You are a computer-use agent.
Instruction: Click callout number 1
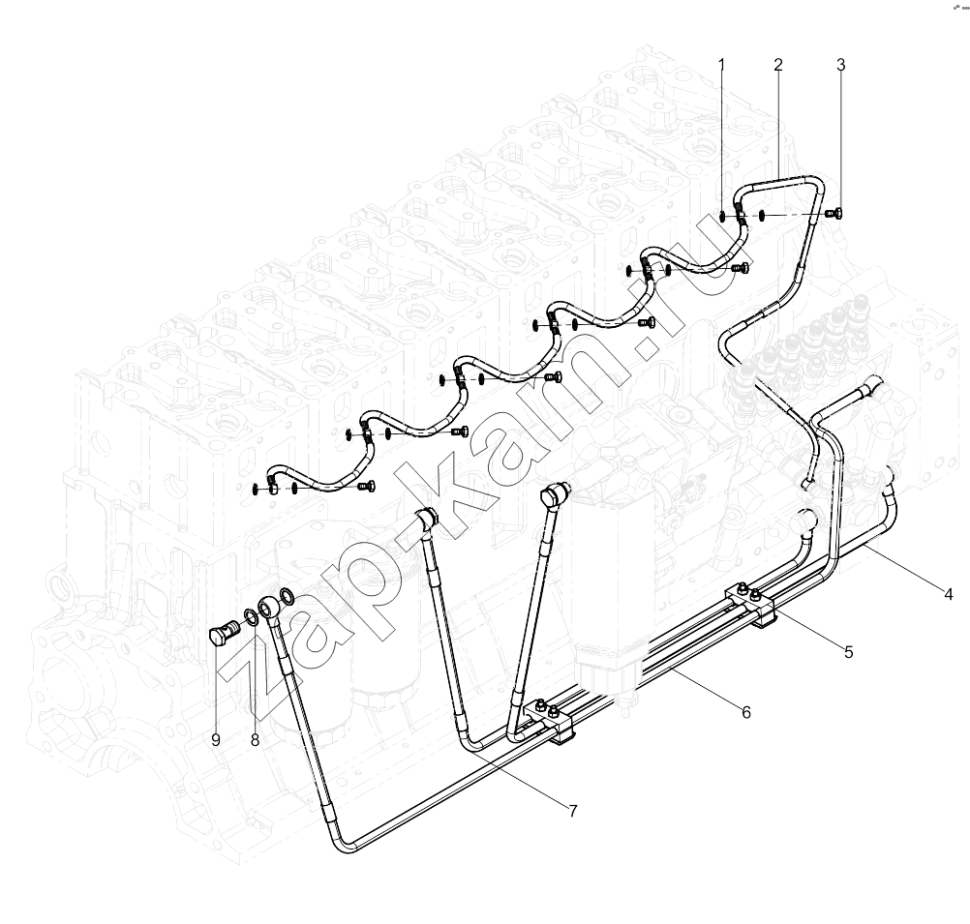point(721,64)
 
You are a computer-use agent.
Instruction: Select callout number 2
point(777,64)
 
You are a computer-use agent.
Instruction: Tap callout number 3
point(840,64)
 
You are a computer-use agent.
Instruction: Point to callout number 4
point(949,594)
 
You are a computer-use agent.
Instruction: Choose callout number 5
point(848,652)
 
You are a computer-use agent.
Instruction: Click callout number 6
point(746,712)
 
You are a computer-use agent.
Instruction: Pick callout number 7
point(572,810)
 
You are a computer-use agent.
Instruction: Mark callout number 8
point(255,740)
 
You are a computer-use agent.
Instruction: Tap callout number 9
point(215,740)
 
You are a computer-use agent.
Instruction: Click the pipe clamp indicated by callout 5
point(751,604)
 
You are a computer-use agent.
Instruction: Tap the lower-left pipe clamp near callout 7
point(551,718)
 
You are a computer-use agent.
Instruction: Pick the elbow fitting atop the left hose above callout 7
point(427,520)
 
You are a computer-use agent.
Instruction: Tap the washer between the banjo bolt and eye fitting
point(251,616)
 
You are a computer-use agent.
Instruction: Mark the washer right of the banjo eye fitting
point(288,596)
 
